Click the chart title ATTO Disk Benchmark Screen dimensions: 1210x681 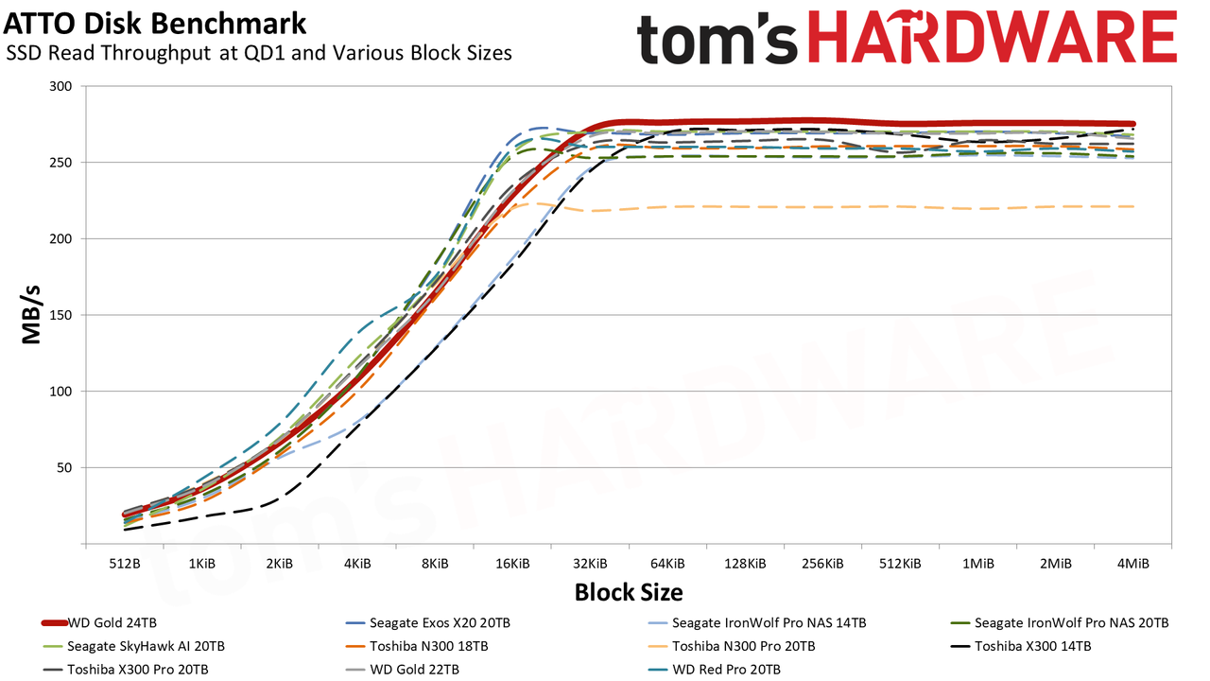pos(155,24)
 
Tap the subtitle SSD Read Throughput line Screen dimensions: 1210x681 pos(259,53)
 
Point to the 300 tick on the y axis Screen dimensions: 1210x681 pos(60,86)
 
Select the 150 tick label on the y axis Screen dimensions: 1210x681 pos(60,315)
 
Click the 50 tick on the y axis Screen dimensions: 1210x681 pos(64,467)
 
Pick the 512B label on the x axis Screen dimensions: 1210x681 pos(125,564)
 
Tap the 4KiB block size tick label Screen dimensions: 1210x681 pos(357,564)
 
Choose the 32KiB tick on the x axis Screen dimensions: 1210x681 pos(590,564)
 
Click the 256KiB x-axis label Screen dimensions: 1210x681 pos(822,564)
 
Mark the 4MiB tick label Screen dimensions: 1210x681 pos(1132,564)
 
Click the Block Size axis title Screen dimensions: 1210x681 pos(629,592)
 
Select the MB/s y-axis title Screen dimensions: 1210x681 pos(31,315)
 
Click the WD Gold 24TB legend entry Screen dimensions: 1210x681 pos(99,623)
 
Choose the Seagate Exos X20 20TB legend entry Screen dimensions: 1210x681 pos(428,623)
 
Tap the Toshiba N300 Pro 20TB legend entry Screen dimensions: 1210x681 pos(732,646)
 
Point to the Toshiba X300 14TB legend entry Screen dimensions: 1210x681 pos(1021,646)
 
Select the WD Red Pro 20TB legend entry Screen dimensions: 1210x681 pos(714,670)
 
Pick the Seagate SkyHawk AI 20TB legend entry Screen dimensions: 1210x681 pos(133,646)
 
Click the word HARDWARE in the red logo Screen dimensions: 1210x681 pos(993,37)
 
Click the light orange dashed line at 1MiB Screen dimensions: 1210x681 pos(977,208)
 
